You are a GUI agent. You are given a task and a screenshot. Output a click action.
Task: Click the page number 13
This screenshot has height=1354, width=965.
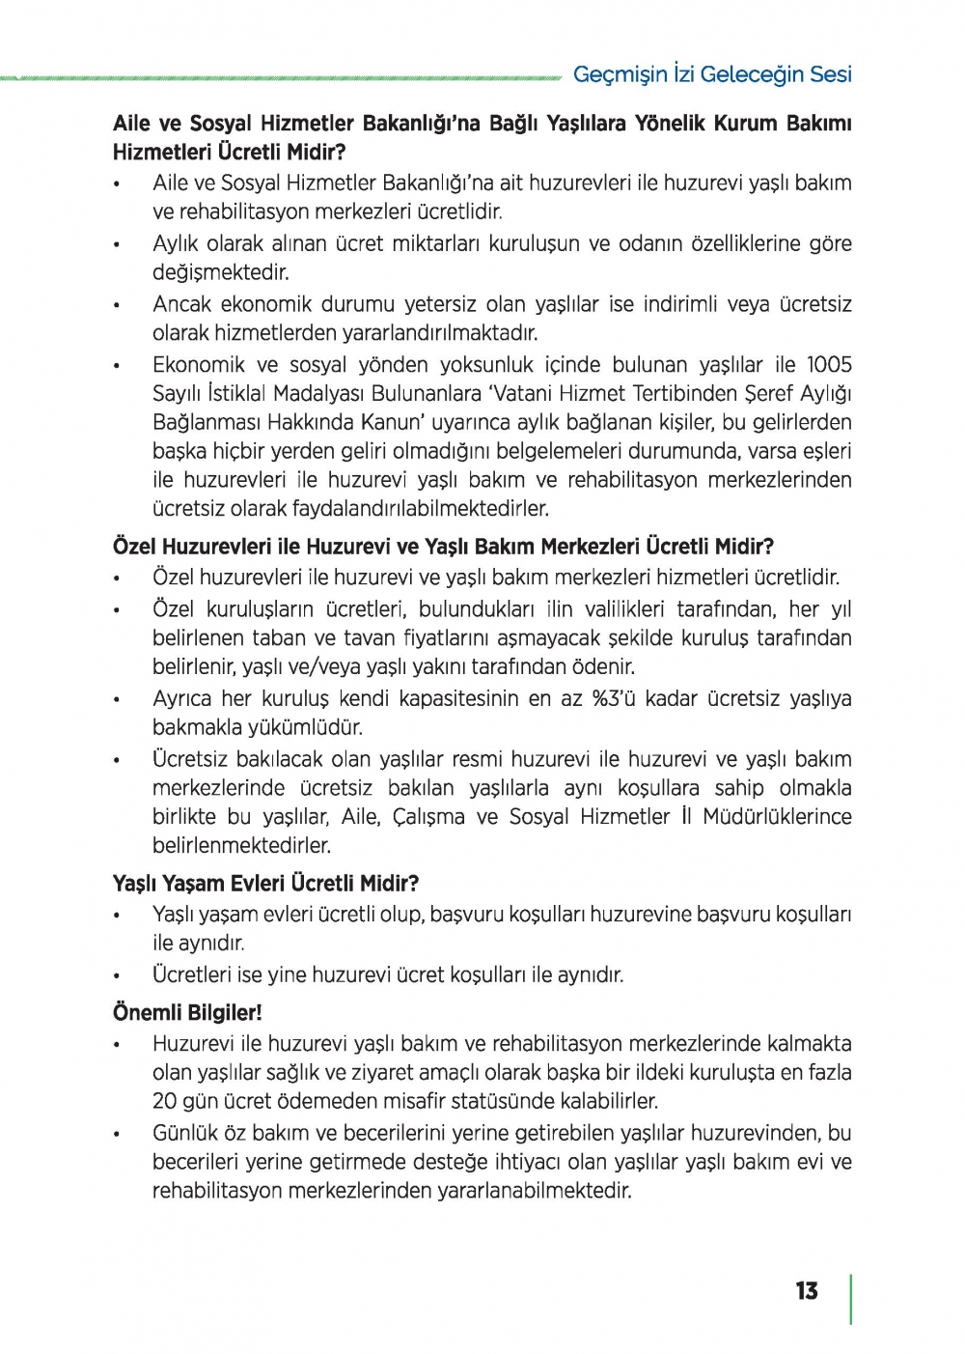point(807,1291)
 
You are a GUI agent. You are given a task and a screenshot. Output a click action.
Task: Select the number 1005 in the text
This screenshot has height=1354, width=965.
point(829,365)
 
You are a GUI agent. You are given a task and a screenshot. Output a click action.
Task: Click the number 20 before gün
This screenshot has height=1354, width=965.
point(164,1101)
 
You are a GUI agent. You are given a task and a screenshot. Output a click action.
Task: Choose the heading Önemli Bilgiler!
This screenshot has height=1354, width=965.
point(187,1012)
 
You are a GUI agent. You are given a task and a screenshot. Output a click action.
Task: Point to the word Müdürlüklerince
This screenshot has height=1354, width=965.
point(777,817)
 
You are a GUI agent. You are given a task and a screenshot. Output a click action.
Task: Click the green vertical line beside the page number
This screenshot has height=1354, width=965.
point(850,1299)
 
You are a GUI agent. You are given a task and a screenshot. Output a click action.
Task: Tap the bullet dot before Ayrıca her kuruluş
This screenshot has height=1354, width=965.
point(116,700)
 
